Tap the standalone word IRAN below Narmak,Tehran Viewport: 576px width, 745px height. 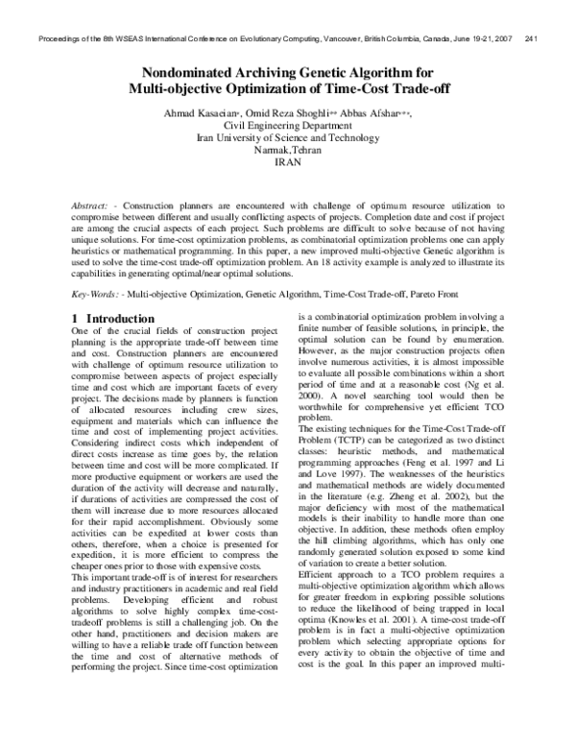pos(287,163)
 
